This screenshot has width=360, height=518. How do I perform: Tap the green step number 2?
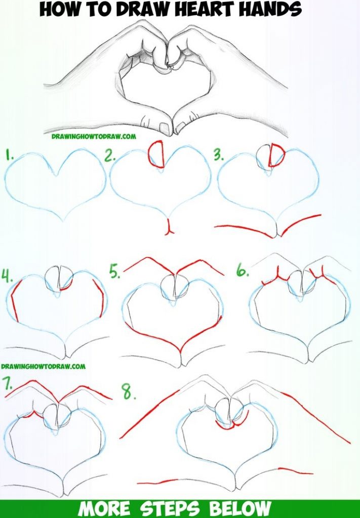click(110, 155)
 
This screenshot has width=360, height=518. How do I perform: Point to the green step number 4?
click(7, 276)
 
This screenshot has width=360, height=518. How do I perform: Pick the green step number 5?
click(115, 272)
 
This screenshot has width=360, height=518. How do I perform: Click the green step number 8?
click(129, 392)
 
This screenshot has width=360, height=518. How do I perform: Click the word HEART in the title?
click(204, 9)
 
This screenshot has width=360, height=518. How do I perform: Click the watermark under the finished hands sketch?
click(94, 136)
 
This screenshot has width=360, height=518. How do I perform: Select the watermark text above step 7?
click(44, 366)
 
